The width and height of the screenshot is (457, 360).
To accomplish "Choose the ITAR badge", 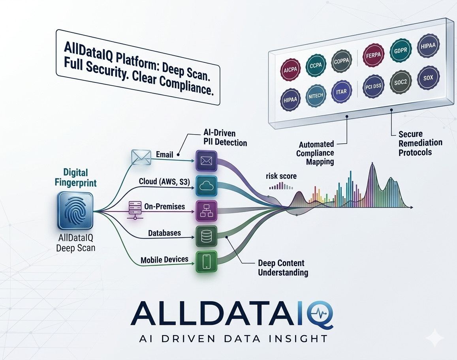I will (x=342, y=91).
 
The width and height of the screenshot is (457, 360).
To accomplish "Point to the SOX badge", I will (x=428, y=77).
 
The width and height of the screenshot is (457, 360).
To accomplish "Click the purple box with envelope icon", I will (x=207, y=161).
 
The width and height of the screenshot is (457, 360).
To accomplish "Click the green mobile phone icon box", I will (x=207, y=262).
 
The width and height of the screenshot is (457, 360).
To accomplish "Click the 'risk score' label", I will (x=281, y=176).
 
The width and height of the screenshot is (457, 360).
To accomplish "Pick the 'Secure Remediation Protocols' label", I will (x=420, y=143).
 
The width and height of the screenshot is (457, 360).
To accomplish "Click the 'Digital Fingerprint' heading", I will (x=75, y=178).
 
